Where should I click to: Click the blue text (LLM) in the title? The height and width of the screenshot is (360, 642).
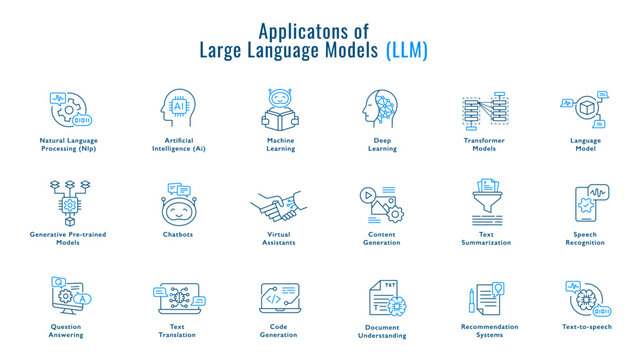pyautogui.click(x=406, y=50)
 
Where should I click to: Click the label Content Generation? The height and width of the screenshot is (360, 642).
pyautogui.click(x=381, y=240)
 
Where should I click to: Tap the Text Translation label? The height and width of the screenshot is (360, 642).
pyautogui.click(x=178, y=330)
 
